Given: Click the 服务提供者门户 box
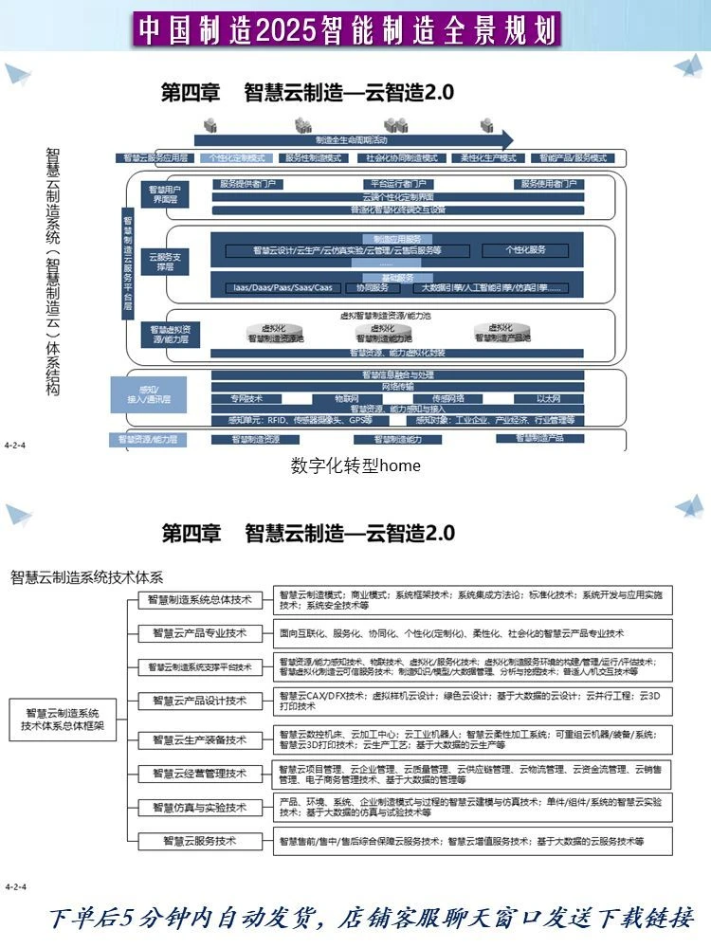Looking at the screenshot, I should [x=248, y=184].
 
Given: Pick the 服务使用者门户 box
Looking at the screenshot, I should [x=559, y=184].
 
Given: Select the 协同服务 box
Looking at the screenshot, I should [x=372, y=287].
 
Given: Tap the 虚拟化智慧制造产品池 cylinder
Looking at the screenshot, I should [x=502, y=335].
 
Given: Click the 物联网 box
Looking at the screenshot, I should [x=347, y=399].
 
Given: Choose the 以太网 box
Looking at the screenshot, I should [x=549, y=399].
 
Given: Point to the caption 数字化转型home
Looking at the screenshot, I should [x=355, y=465].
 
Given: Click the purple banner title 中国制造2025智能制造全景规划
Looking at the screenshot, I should [x=349, y=29].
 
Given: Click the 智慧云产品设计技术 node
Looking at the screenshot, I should [x=199, y=701].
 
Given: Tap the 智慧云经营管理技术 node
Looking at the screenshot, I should [x=199, y=774].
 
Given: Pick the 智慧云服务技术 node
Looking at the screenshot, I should [x=199, y=840].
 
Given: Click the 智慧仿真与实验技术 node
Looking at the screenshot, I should [x=199, y=807].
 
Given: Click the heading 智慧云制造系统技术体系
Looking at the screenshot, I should [x=87, y=575].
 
